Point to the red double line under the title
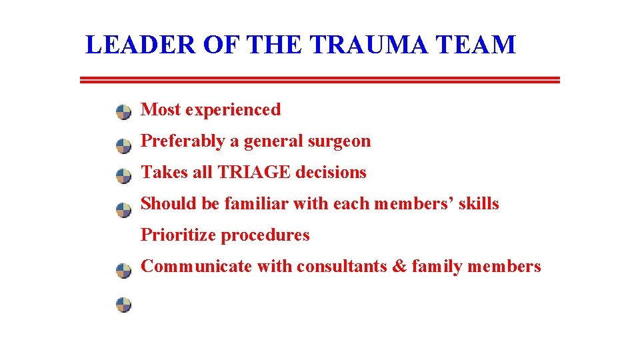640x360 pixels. pyautogui.click(x=319, y=80)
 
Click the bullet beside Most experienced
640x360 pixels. pyautogui.click(x=124, y=112)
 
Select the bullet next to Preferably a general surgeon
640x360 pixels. pyautogui.click(x=124, y=145)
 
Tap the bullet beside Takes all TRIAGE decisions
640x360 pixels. pyautogui.click(x=124, y=177)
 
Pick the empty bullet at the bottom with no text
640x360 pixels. pyautogui.click(x=124, y=305)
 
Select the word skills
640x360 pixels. pyautogui.click(x=478, y=204)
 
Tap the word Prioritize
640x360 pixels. pyautogui.click(x=178, y=235)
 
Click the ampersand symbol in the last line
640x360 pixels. pyautogui.click(x=399, y=267)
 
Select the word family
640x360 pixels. pyautogui.click(x=437, y=267)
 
